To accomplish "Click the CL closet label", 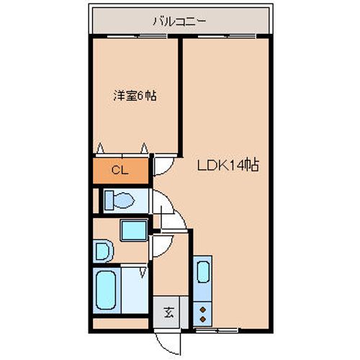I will [120, 170].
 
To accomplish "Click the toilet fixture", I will [117, 199].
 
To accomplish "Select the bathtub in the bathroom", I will [107, 289].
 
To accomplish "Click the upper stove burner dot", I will [202, 307].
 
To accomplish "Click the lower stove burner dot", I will [202, 317].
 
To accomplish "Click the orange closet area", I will [120, 170].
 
